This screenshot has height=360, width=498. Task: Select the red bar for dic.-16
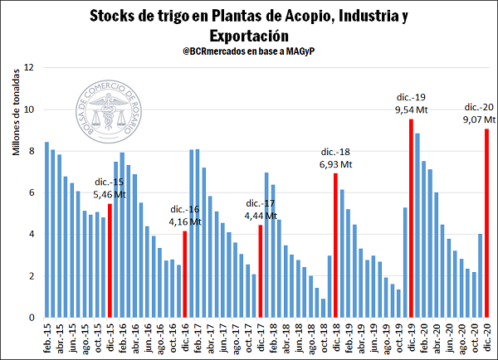(x=184, y=274)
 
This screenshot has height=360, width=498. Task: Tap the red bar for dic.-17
(x=260, y=270)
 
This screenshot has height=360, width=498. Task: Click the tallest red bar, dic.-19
(x=410, y=217)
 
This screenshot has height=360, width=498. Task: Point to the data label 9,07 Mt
(x=477, y=119)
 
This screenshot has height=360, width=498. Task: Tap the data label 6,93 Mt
(x=334, y=163)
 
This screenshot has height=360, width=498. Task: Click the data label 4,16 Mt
(x=184, y=221)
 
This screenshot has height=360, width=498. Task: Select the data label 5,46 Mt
(x=108, y=196)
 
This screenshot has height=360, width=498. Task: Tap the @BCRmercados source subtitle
(x=248, y=52)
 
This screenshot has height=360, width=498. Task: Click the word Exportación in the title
(x=249, y=36)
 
